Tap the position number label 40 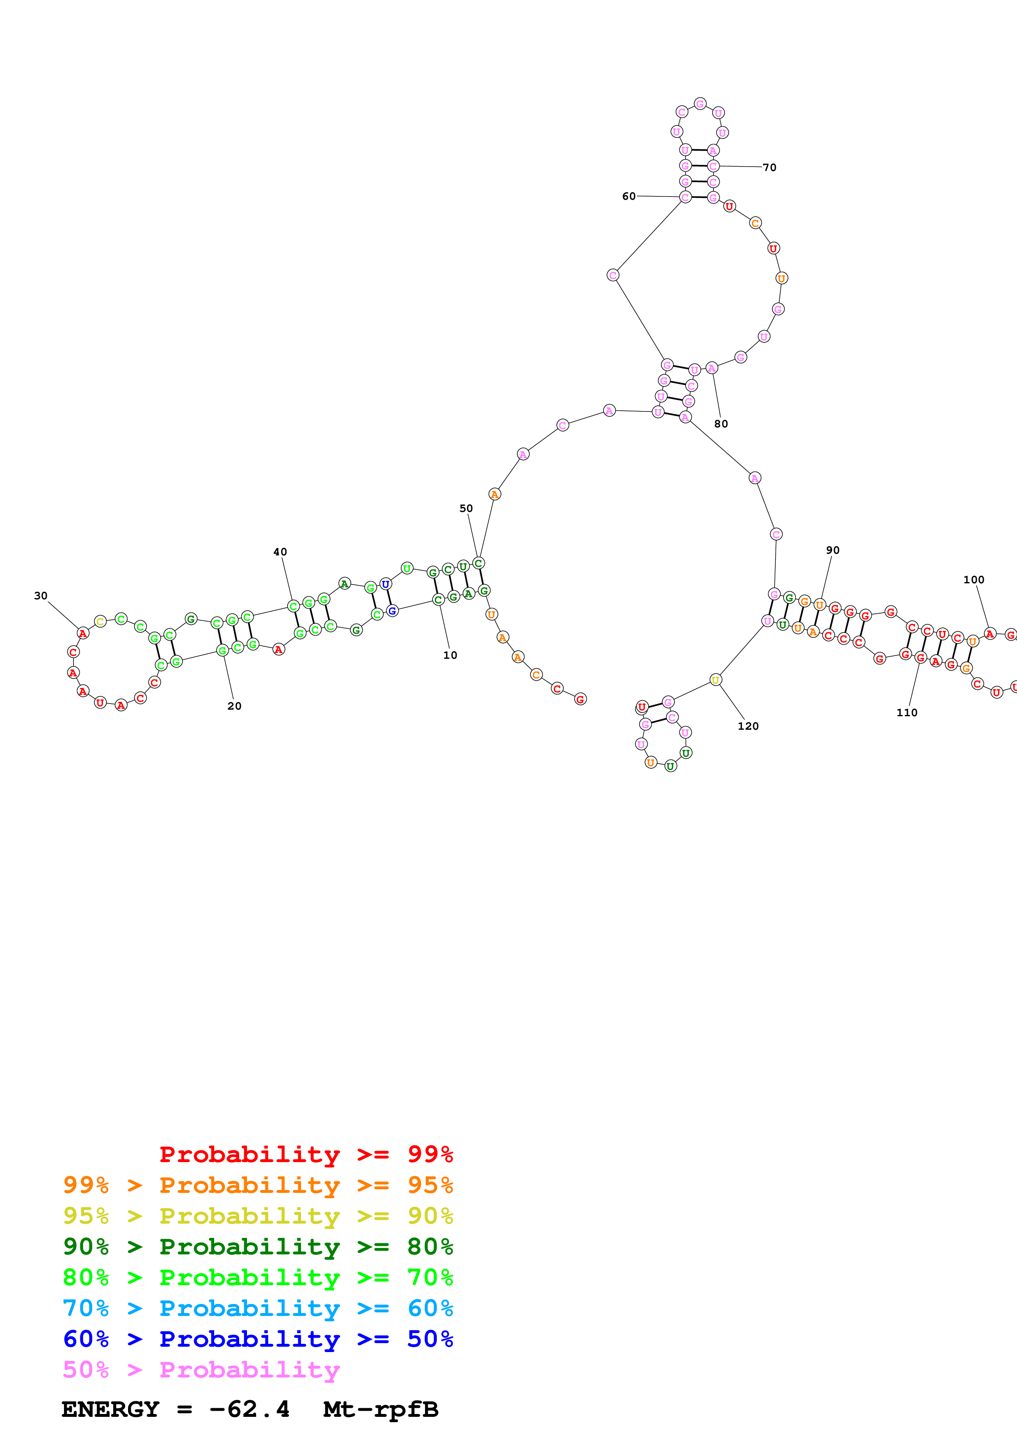[x=280, y=552]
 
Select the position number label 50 [x=466, y=508]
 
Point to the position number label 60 [x=628, y=196]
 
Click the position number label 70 [x=770, y=167]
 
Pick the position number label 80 [x=721, y=424]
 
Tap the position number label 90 [x=833, y=550]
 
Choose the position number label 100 [x=974, y=580]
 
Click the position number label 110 [x=907, y=713]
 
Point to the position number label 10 [x=450, y=655]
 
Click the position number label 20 [x=234, y=706]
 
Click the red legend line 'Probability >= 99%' [x=306, y=1154]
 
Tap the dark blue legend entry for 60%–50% [x=258, y=1339]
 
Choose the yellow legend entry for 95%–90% [x=258, y=1215]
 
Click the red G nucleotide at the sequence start [x=580, y=699]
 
